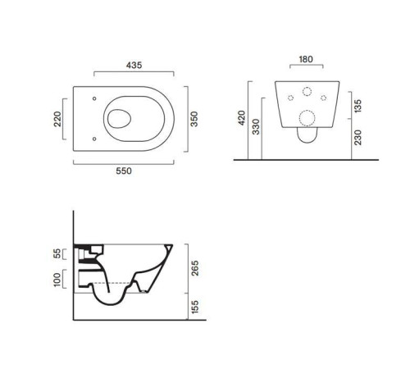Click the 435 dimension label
click(134, 65)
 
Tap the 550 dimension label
click(124, 171)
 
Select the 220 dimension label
click(57, 119)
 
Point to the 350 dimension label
click(194, 119)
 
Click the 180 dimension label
click(306, 59)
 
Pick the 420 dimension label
click(242, 118)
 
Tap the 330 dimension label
click(256, 126)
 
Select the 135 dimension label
click(358, 106)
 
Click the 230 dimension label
click(358, 138)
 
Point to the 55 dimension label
click(57, 254)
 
